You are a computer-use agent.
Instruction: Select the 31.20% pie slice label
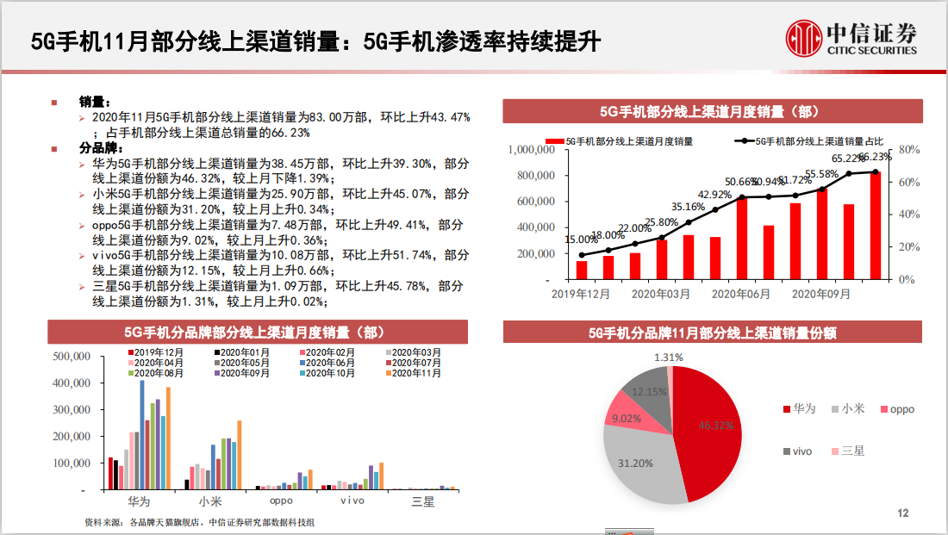pyautogui.click(x=636, y=463)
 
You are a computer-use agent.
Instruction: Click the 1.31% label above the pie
pyautogui.click(x=669, y=358)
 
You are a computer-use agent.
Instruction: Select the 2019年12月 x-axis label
pyautogui.click(x=581, y=294)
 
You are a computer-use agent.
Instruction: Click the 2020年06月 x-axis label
pyautogui.click(x=741, y=294)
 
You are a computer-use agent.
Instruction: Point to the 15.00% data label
pyautogui.click(x=581, y=240)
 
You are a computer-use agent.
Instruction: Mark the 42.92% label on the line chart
pyautogui.click(x=714, y=194)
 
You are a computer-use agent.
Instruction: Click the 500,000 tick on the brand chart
pyautogui.click(x=72, y=356)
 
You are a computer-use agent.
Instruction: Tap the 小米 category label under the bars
pyautogui.click(x=210, y=501)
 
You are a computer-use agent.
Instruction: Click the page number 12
pyautogui.click(x=903, y=513)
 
